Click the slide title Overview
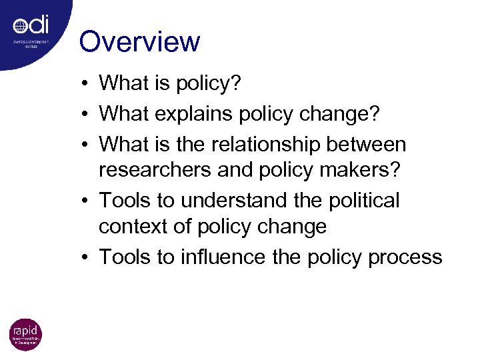coord(139,41)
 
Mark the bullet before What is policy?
coord(87,84)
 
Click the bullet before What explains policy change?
coord(87,115)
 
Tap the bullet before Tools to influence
coord(87,258)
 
